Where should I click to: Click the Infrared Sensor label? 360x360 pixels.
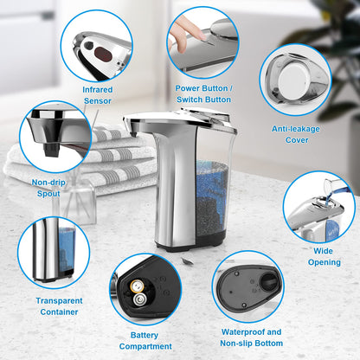click(97, 94)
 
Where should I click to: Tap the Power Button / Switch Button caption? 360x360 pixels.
click(203, 93)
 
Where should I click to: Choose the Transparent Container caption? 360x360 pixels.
click(59, 305)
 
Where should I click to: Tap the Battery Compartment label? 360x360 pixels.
click(145, 339)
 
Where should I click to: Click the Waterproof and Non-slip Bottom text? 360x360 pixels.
click(250, 337)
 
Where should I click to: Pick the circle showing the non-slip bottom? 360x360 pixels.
click(247, 286)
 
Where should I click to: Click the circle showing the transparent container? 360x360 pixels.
click(54, 252)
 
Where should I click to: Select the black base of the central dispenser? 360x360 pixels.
click(195, 243)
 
